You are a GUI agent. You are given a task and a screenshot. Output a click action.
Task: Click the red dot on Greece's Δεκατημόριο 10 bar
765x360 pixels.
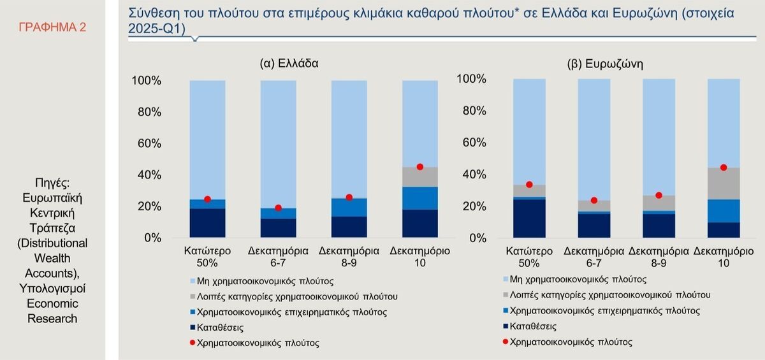[419, 167]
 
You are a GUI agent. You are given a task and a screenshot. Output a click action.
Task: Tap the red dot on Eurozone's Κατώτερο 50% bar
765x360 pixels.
[529, 185]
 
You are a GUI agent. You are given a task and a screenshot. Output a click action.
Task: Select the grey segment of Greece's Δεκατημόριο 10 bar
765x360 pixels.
[419, 177]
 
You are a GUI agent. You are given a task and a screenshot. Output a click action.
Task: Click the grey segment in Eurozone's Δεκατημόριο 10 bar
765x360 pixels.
[722, 184]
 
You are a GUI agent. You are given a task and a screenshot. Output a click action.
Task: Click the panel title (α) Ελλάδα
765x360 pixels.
[289, 63]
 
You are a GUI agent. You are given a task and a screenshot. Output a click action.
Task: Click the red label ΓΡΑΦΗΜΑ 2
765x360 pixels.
[52, 27]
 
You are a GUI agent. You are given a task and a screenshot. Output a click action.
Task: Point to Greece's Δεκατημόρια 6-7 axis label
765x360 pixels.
[278, 256]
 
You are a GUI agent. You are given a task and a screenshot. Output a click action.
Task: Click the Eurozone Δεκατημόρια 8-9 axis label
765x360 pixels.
[659, 256]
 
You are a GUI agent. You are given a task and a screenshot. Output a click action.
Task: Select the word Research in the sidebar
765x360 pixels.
[52, 319]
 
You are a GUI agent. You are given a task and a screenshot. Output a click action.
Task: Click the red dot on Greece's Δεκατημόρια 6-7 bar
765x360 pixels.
[278, 208]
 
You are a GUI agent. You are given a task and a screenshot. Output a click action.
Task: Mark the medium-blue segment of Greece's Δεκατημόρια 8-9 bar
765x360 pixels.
[349, 207]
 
